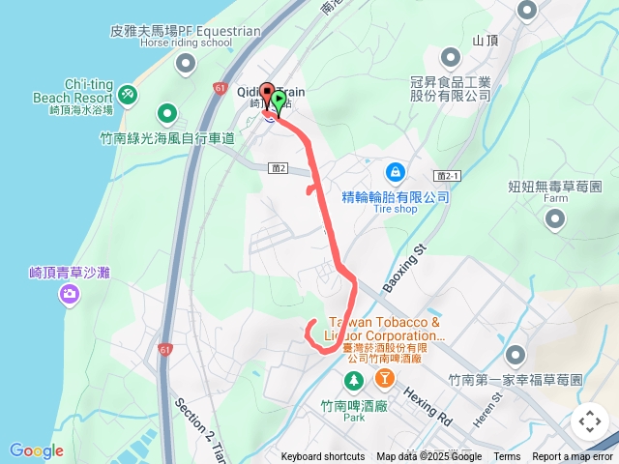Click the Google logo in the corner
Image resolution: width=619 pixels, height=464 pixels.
(37, 450)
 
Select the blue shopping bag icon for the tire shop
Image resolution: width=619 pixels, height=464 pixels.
(395, 173)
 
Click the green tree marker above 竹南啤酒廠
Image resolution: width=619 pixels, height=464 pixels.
(354, 378)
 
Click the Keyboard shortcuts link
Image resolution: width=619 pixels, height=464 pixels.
(323, 457)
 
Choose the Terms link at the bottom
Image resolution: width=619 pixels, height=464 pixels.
(507, 457)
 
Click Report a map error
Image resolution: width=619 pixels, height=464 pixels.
(573, 457)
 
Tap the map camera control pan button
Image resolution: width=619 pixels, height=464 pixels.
(589, 421)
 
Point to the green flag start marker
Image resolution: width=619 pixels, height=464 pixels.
(279, 100)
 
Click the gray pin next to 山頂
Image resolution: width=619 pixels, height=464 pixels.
(526, 11)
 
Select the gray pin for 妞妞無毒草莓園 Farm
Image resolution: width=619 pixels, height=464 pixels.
(555, 220)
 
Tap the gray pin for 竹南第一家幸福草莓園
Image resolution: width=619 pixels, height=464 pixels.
(515, 355)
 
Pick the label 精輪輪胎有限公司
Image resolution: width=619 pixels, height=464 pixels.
(397, 196)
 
